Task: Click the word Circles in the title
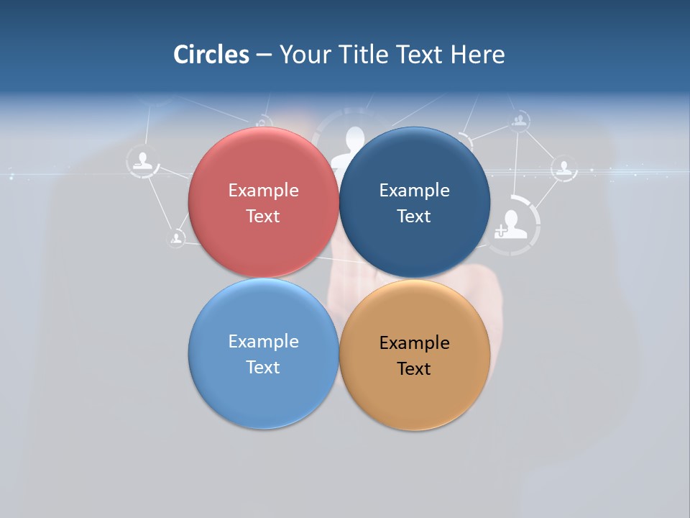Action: click(211, 55)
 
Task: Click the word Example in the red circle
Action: click(263, 191)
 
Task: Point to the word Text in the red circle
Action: click(263, 217)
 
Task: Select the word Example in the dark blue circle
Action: click(415, 191)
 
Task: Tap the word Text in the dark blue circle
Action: click(414, 217)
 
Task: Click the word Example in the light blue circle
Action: click(263, 342)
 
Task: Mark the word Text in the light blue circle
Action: click(263, 368)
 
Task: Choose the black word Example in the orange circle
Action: click(415, 343)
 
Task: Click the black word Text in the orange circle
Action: click(414, 369)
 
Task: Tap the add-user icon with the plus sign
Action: click(512, 224)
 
